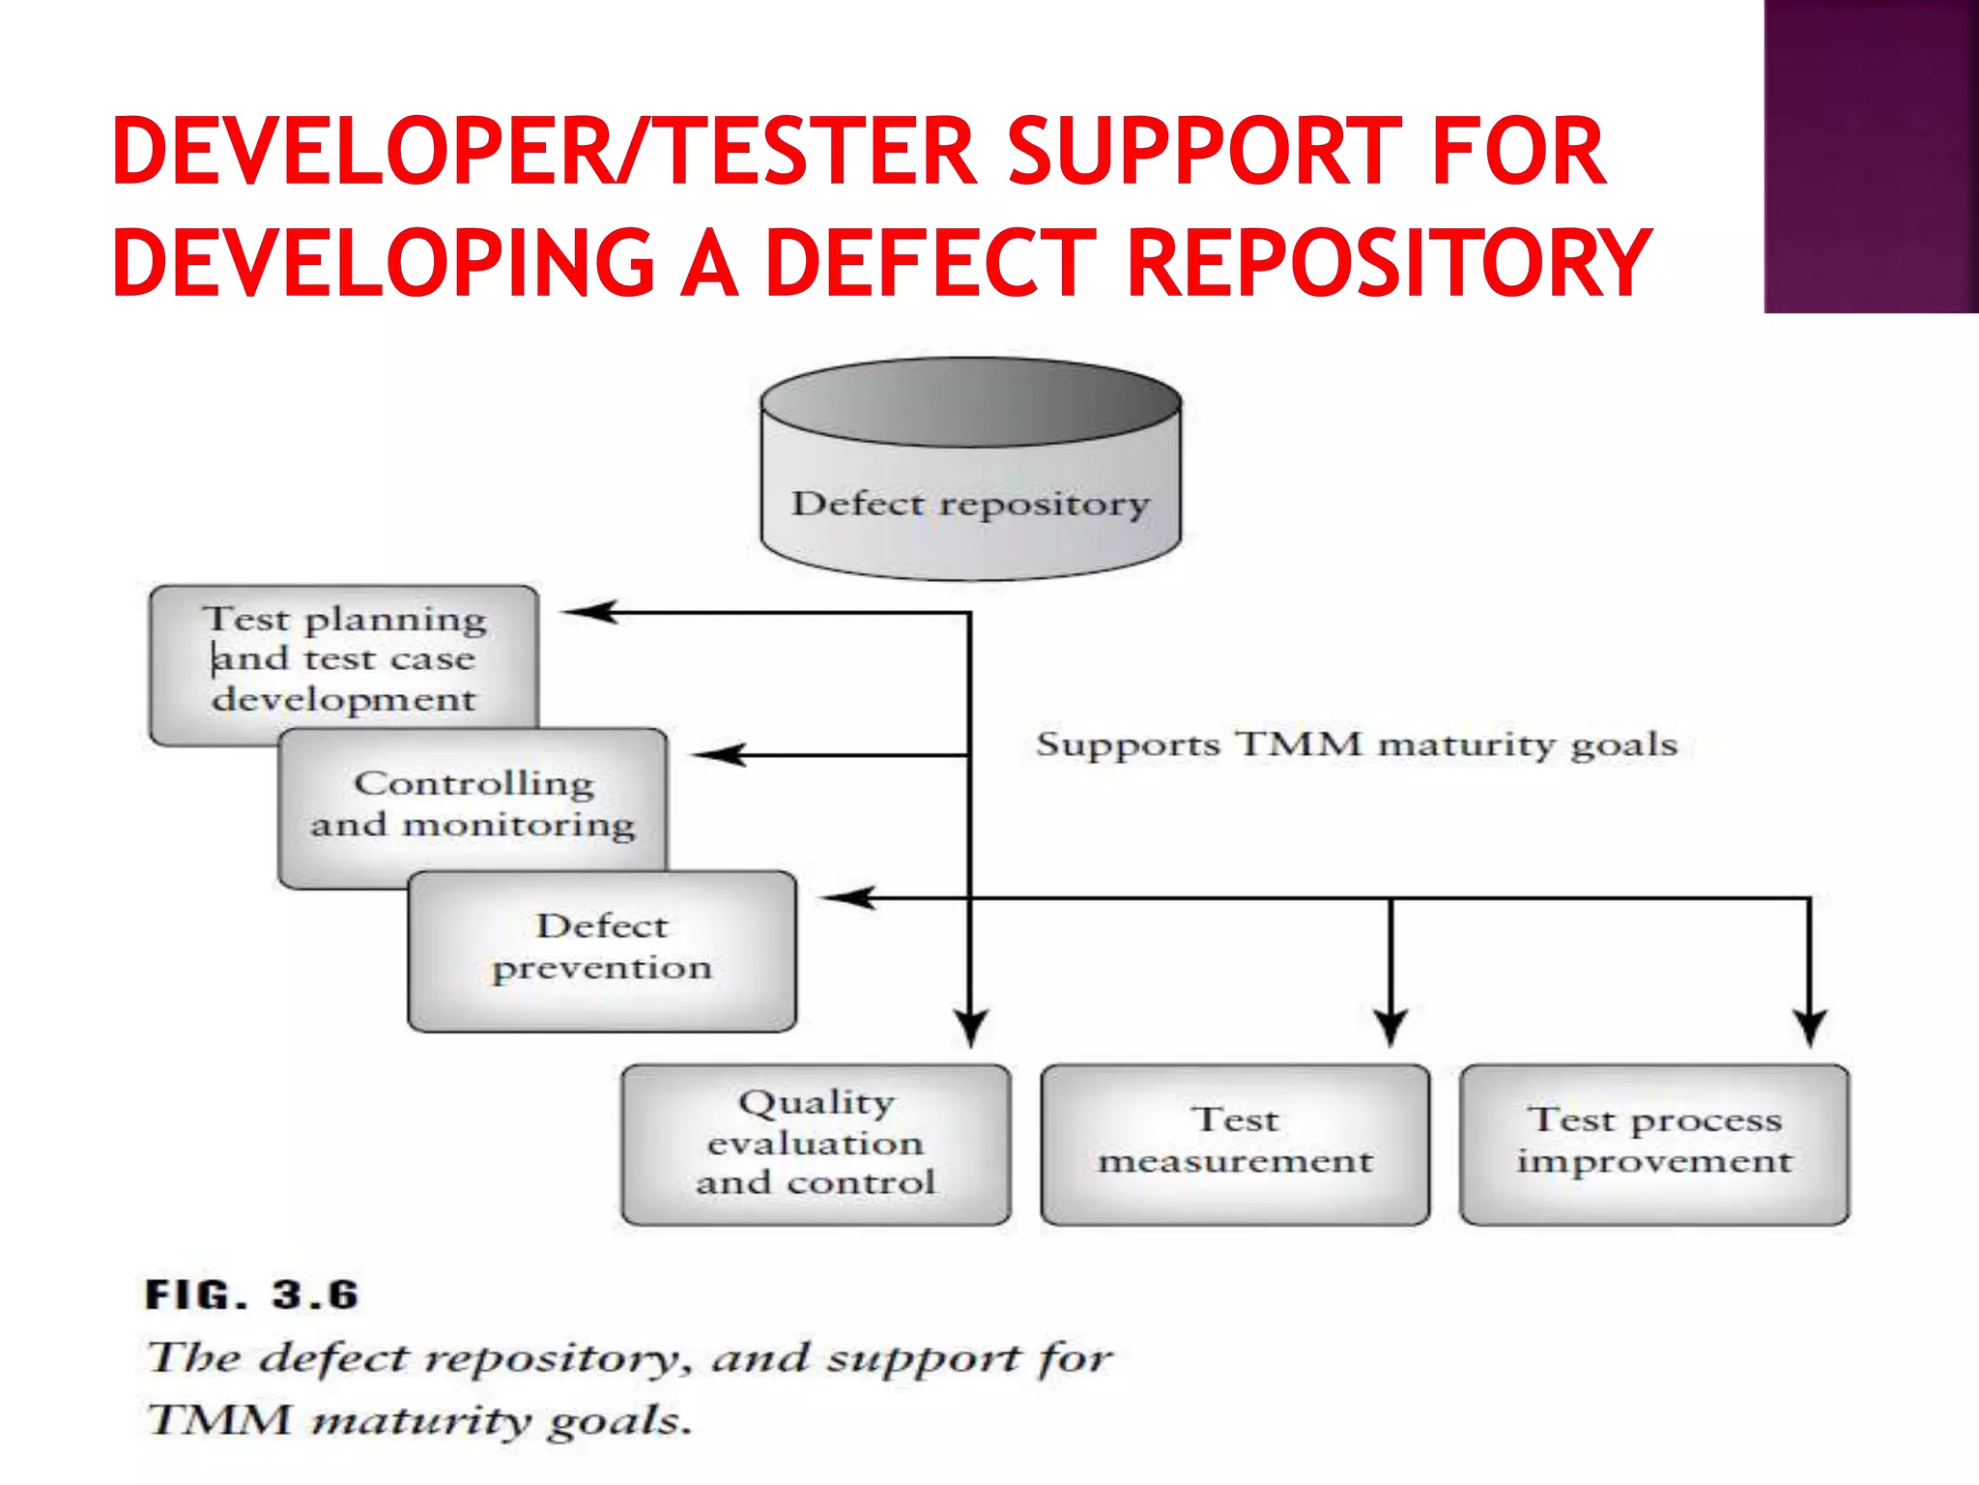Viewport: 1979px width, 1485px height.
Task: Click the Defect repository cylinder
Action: pos(970,471)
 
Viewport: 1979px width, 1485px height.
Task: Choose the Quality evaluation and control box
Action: pos(816,1144)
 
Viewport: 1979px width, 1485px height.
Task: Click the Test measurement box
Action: pos(1235,1144)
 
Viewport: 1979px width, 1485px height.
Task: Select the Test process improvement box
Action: pos(1654,1144)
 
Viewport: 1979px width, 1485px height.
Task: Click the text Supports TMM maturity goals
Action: pos(1357,744)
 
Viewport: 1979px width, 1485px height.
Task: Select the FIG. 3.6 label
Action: pos(252,1295)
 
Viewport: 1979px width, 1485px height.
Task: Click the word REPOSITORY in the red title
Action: pos(1390,262)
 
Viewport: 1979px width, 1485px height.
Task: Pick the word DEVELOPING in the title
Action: pos(384,262)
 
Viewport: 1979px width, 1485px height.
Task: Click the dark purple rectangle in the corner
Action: pos(1871,157)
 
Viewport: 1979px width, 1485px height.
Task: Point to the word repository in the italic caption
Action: pos(552,1359)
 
